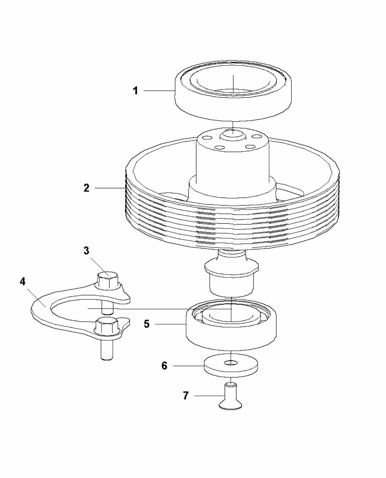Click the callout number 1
tap(135, 91)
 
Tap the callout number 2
tap(86, 188)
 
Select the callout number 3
tap(86, 251)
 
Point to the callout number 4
tap(22, 282)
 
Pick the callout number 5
tap(146, 324)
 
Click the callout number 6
tap(165, 365)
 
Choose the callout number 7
tap(186, 396)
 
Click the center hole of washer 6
tap(231, 363)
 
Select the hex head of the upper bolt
tap(108, 279)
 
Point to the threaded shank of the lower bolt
tap(107, 350)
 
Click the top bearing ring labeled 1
tap(234, 102)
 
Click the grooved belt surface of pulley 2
tap(232, 222)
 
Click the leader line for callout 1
tap(159, 91)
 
